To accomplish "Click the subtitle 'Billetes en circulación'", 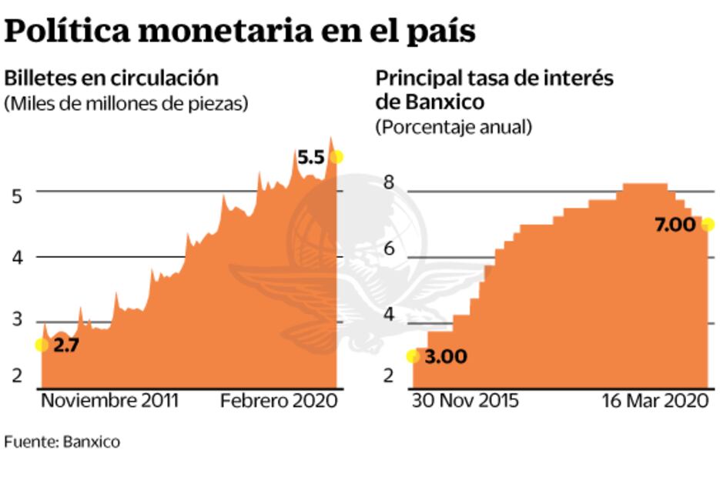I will (x=112, y=78).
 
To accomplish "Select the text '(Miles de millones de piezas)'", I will (x=126, y=104).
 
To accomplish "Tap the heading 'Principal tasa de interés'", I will (x=494, y=78).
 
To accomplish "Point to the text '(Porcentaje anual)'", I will (x=454, y=128).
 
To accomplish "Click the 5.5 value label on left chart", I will (x=311, y=158).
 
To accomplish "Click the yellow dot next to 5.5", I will (x=336, y=157).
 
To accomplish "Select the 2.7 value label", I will (x=67, y=345).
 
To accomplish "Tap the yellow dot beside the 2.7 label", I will (x=42, y=345).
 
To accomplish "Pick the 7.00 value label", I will (x=675, y=225).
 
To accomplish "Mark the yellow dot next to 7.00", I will (x=708, y=225).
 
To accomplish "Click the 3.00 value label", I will (x=446, y=357).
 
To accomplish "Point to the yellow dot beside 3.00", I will (x=414, y=356).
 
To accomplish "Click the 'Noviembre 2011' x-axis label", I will (x=109, y=401).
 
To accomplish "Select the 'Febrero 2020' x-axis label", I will (x=279, y=401).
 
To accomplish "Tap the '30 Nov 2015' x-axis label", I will (x=465, y=401).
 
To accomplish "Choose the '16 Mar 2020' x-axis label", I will (x=654, y=401).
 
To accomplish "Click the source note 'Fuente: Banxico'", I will (x=62, y=442).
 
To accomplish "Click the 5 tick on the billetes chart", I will (x=16, y=195).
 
